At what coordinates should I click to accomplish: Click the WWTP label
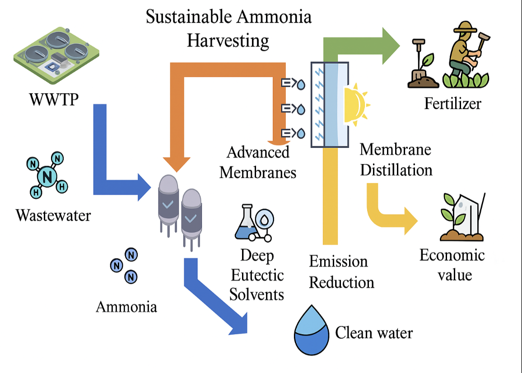[54, 99]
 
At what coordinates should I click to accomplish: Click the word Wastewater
[53, 215]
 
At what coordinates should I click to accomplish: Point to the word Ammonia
[126, 307]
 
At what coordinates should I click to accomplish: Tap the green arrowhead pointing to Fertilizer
[391, 46]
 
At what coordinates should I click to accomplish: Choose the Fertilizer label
[452, 104]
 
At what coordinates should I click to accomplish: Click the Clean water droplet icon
[312, 329]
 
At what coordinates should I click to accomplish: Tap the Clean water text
[374, 333]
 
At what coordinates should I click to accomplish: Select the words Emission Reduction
[341, 272]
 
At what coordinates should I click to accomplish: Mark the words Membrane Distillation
[396, 160]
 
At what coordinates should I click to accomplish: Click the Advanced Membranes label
[258, 162]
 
